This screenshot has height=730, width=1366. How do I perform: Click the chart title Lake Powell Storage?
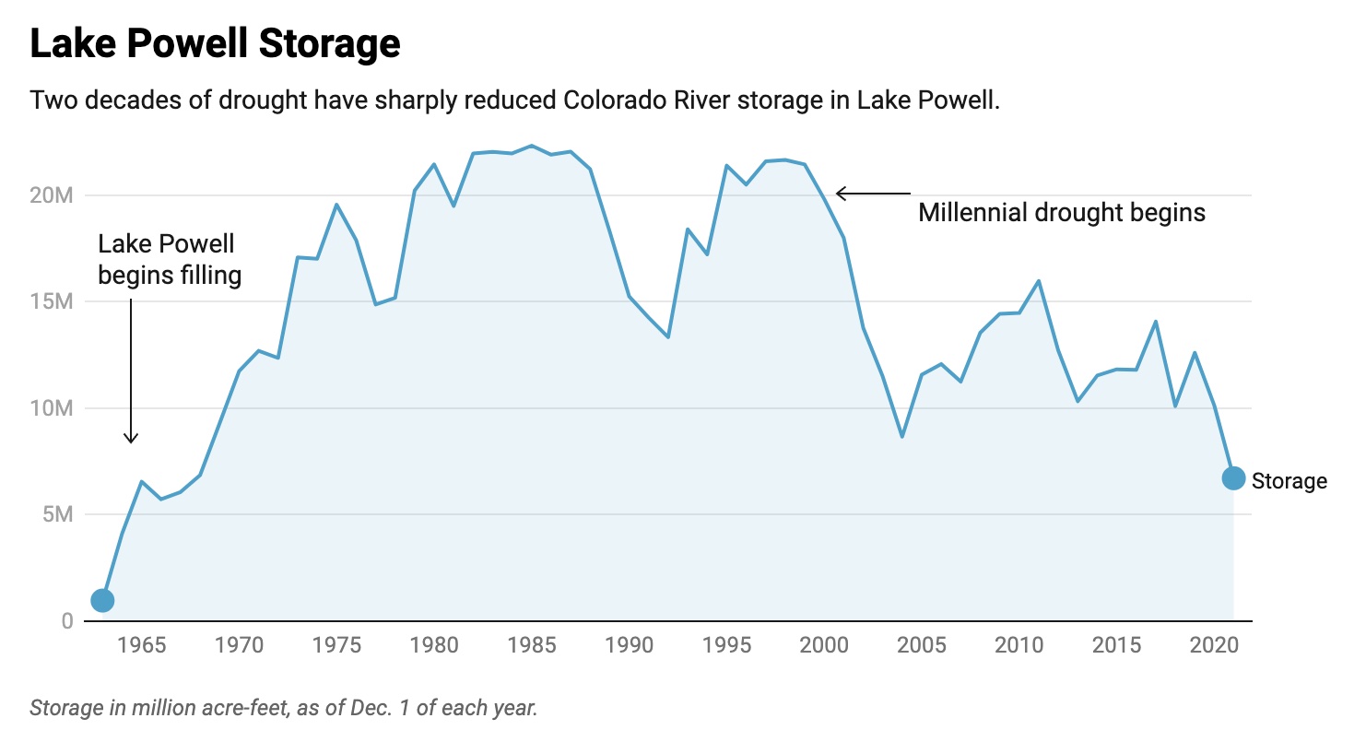click(x=215, y=43)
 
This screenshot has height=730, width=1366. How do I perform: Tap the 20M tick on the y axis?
click(x=51, y=195)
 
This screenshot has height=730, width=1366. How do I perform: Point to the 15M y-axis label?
click(x=51, y=301)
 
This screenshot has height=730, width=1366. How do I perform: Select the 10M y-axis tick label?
click(x=51, y=408)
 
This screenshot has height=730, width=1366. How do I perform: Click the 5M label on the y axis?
click(x=57, y=514)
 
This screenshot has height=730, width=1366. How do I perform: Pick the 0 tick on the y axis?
click(x=65, y=620)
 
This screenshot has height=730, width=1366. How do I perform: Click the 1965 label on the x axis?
click(x=141, y=644)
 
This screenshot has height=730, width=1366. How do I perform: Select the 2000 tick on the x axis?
click(x=823, y=644)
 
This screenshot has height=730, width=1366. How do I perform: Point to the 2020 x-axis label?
click(x=1213, y=644)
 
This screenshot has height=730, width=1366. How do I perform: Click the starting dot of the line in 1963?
click(x=102, y=600)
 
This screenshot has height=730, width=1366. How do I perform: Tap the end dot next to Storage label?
click(x=1233, y=478)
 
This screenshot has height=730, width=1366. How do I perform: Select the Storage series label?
click(x=1289, y=480)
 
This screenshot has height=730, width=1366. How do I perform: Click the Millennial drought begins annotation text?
click(x=1062, y=213)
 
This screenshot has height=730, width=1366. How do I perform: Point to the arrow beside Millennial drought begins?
click(x=872, y=194)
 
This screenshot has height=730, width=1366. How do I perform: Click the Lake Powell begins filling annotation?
click(x=170, y=259)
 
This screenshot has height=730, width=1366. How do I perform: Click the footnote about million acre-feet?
click(x=283, y=708)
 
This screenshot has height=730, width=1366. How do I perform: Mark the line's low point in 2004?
click(x=901, y=436)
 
